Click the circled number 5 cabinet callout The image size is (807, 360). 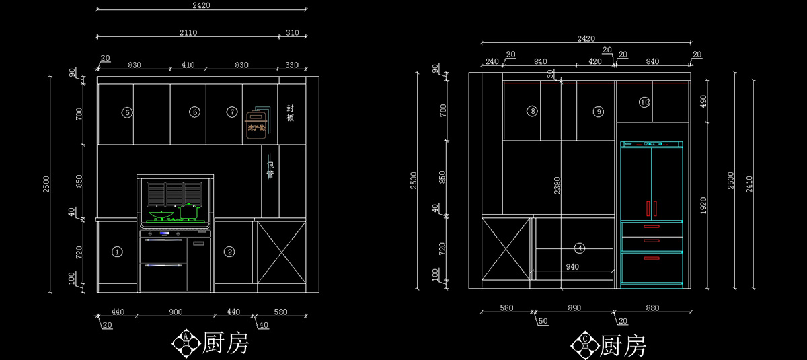(x=127, y=112)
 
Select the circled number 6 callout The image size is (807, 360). (x=194, y=112)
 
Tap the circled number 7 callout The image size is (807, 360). (x=232, y=112)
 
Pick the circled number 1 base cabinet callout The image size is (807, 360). (x=117, y=252)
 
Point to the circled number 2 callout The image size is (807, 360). (x=230, y=252)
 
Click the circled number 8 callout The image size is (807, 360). (x=532, y=112)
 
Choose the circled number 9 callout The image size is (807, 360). (x=599, y=112)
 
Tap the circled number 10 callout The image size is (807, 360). (x=644, y=102)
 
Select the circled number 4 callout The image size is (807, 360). (x=580, y=248)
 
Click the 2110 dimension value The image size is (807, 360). (x=188, y=32)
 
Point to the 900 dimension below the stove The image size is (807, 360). (x=176, y=312)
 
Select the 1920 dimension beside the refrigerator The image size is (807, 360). (x=703, y=205)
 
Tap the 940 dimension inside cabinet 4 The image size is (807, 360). (x=572, y=267)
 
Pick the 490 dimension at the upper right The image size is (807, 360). (x=703, y=101)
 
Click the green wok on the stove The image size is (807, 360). (x=161, y=216)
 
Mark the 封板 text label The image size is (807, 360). (x=291, y=112)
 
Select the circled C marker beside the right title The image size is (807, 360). (x=584, y=345)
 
